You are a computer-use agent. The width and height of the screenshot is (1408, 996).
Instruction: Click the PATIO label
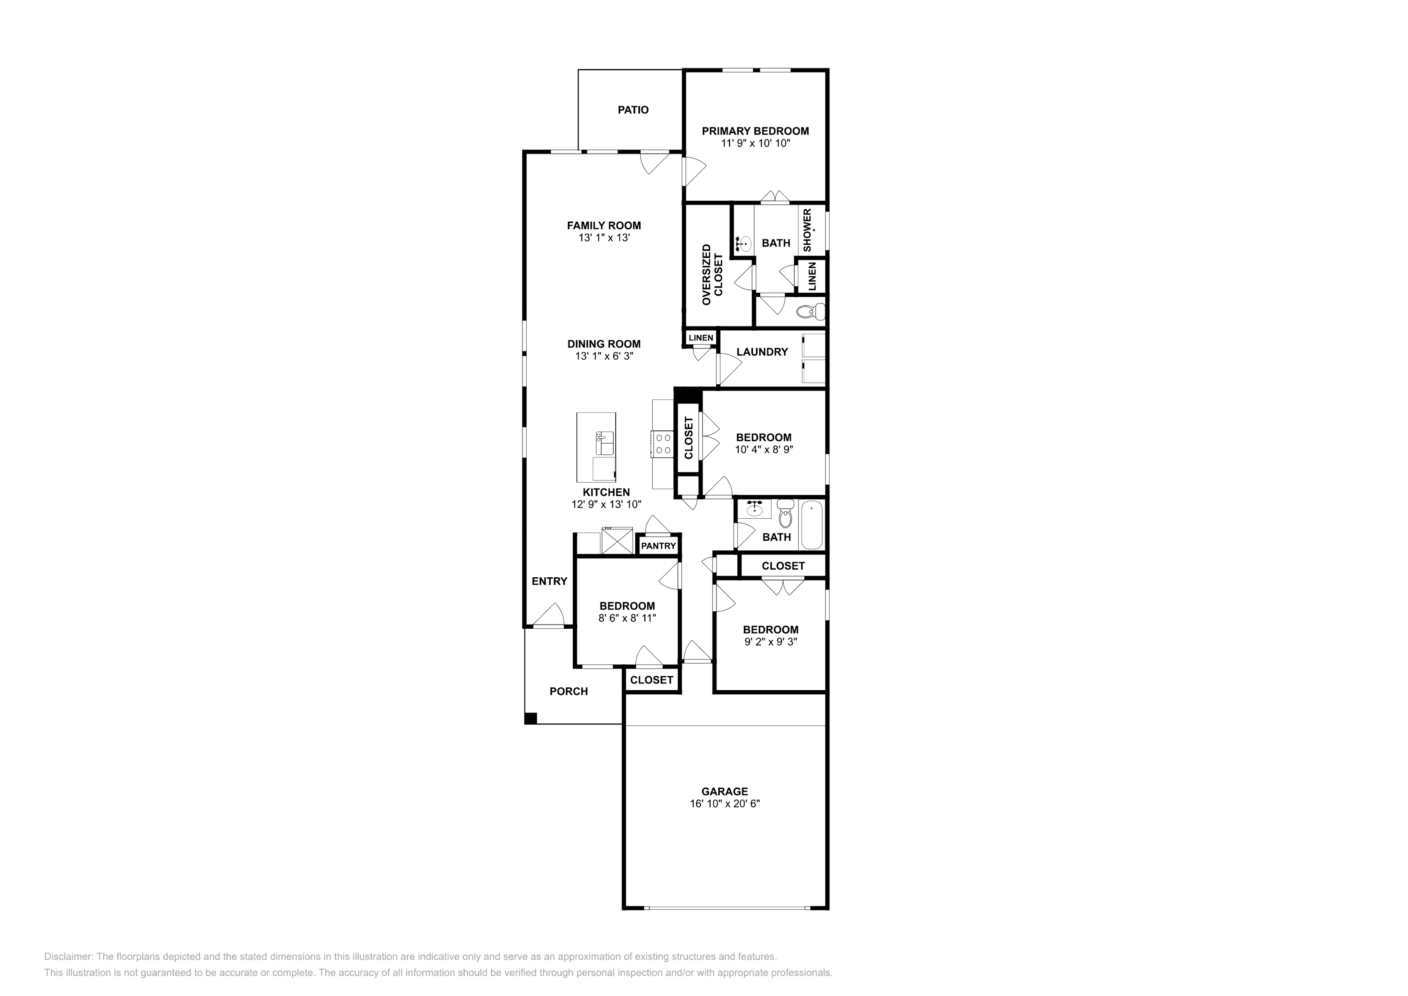click(633, 110)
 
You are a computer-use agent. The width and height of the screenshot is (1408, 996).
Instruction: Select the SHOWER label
click(807, 230)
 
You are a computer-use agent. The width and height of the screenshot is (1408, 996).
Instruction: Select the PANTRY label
click(659, 546)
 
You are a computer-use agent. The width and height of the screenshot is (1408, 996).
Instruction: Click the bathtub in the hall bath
click(811, 526)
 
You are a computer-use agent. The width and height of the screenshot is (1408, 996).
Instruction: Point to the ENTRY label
click(549, 581)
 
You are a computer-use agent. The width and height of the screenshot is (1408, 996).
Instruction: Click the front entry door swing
click(548, 615)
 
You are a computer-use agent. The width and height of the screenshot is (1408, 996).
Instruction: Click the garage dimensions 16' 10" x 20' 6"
click(725, 804)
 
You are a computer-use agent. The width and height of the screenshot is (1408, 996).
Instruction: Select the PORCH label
click(569, 692)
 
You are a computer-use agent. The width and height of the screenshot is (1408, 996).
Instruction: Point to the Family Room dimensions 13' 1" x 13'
click(604, 238)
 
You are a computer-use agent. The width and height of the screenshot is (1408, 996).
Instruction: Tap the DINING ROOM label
click(604, 344)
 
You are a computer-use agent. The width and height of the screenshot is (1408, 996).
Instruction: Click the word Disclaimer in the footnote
click(68, 957)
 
